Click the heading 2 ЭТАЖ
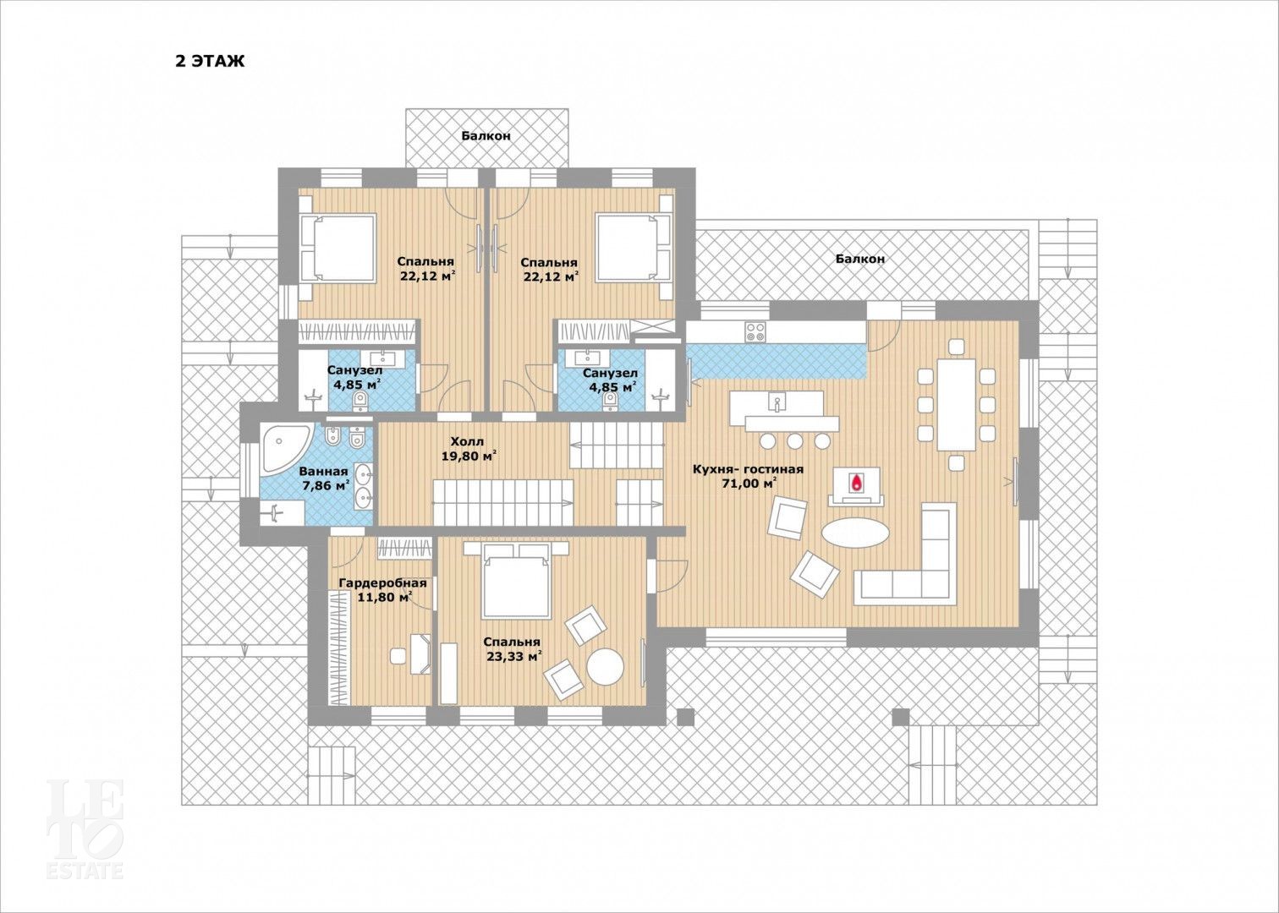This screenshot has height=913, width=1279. pyautogui.click(x=210, y=61)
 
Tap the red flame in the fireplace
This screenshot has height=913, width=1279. pyautogui.click(x=855, y=483)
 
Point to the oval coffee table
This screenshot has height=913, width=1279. pyautogui.click(x=854, y=533)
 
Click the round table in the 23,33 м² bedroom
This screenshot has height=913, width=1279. pyautogui.click(x=606, y=666)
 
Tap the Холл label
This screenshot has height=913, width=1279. pyautogui.click(x=467, y=441)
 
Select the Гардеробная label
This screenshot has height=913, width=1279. pyautogui.click(x=382, y=583)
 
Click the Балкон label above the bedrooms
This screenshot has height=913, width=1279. pyautogui.click(x=486, y=136)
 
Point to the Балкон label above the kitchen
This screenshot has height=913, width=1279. pyautogui.click(x=860, y=259)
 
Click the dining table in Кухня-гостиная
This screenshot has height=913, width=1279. pyautogui.click(x=956, y=404)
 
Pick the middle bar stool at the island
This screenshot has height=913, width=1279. pyautogui.click(x=794, y=440)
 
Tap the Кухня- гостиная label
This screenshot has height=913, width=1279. pyautogui.click(x=748, y=469)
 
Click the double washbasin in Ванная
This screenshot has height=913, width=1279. pyautogui.click(x=364, y=485)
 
